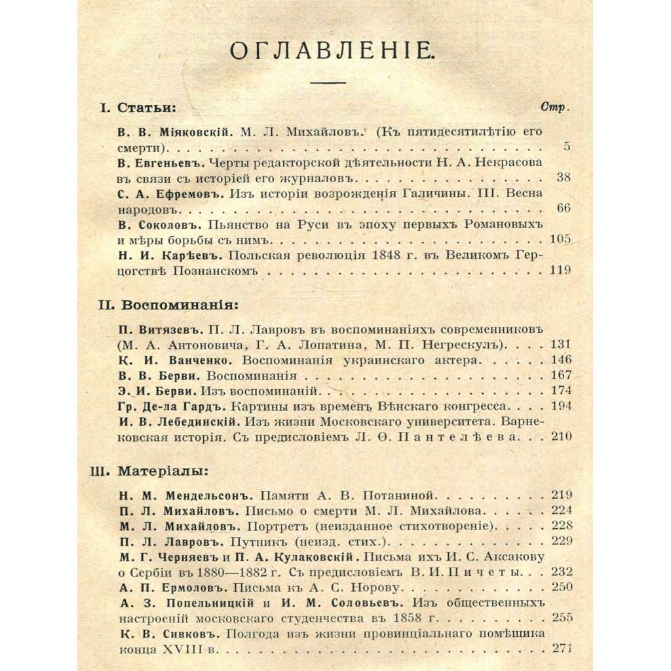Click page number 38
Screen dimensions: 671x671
[562, 178]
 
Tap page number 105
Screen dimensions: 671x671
[560, 239]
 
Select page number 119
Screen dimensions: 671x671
[560, 270]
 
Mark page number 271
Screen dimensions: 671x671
[562, 648]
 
